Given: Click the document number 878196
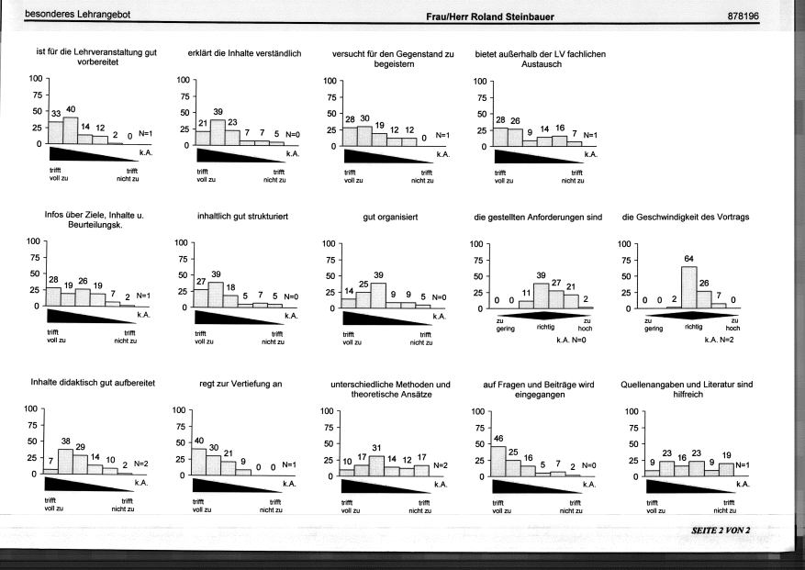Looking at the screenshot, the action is click(743, 16).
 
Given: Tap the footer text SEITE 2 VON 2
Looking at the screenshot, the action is click(721, 531).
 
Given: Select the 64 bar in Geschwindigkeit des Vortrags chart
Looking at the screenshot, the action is click(689, 287).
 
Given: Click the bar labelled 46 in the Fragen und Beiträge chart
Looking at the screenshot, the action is click(498, 461).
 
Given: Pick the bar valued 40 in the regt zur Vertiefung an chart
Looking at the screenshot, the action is click(198, 462).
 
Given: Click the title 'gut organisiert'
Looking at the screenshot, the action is click(390, 218).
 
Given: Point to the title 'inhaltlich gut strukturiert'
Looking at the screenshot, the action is click(242, 217).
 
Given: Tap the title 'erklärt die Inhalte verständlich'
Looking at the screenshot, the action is click(244, 53).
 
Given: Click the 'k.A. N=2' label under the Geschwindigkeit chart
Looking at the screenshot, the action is click(719, 340).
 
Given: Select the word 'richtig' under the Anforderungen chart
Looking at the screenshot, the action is click(545, 327).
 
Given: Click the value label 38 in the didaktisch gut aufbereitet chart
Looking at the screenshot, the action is click(66, 441).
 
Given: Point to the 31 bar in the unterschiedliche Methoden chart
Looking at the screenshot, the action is click(376, 466).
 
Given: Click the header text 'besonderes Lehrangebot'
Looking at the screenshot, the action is click(77, 15).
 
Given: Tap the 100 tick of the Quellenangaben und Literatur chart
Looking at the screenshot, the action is click(632, 411).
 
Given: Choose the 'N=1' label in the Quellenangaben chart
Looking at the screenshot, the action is click(743, 464).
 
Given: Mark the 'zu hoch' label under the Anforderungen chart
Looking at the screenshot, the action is click(586, 325).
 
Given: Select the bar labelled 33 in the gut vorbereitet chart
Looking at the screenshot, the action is click(55, 132).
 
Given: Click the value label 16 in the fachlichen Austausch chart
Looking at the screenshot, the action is click(560, 128).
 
